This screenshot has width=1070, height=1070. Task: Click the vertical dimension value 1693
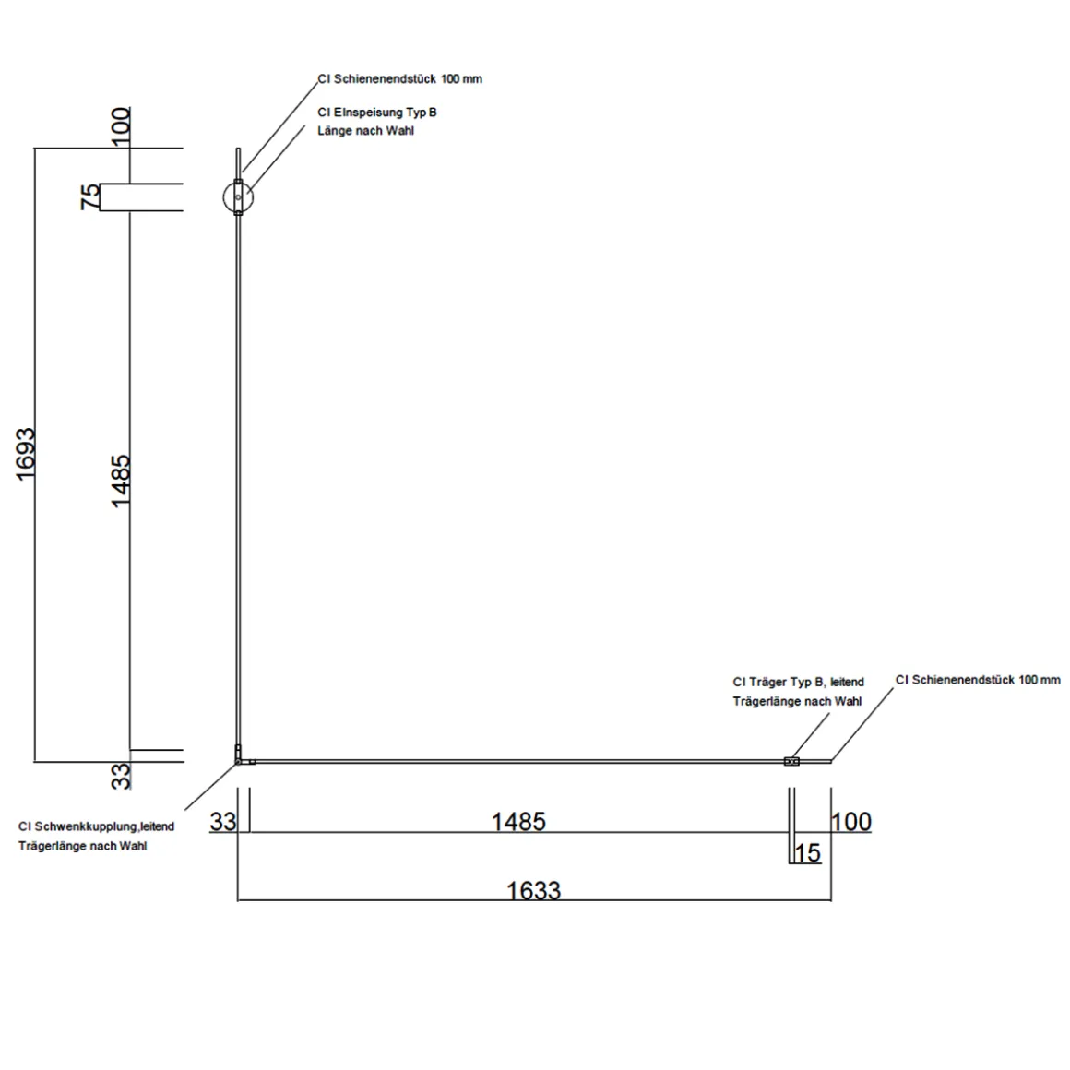pos(25,453)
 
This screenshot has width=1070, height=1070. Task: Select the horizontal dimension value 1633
pos(534,890)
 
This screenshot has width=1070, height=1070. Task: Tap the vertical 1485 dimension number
pos(121,480)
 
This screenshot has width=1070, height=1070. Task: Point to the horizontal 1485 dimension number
pos(518,821)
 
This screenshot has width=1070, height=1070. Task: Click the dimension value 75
pos(90,196)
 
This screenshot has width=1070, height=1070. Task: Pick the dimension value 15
pos(807,853)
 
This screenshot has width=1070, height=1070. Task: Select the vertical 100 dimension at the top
pos(121,125)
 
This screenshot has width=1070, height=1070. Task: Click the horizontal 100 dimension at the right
pos(851,821)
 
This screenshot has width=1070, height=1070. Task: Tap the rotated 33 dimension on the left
pos(121,776)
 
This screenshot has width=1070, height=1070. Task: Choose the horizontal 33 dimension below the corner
pos(223,821)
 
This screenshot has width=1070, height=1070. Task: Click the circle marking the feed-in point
pos(238,196)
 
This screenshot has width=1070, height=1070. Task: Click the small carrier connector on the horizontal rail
pos(791,761)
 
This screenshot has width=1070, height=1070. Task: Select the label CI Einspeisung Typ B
pos(376,113)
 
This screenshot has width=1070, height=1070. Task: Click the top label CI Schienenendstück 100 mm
pos(399,79)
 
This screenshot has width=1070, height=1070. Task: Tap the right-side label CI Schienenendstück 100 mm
pos(978,680)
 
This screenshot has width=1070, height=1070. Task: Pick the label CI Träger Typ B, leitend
pos(798,683)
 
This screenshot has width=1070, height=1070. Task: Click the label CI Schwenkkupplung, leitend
pos(96,826)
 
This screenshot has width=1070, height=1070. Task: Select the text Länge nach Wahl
pos(365,131)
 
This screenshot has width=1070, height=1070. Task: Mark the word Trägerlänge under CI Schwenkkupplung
pos(49,846)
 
